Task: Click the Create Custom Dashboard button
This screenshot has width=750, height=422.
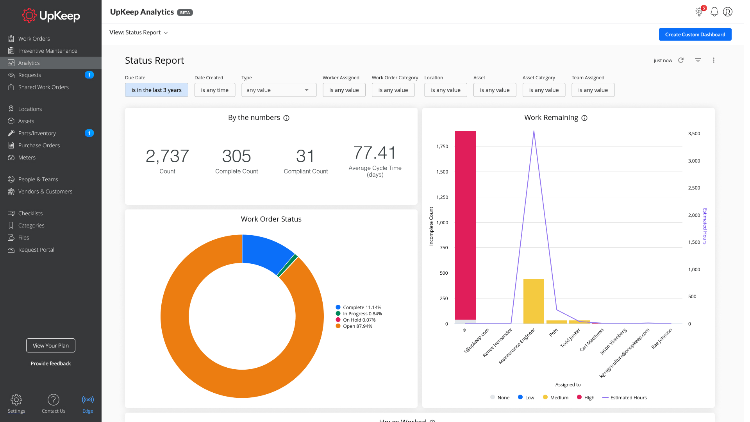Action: coord(695,34)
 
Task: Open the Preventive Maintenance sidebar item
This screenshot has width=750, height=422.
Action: coord(47,51)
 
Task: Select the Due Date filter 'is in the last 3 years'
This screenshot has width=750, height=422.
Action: coord(156,90)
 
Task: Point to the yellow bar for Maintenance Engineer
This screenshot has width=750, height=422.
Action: coord(534,301)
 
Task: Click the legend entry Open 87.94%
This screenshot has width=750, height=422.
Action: coord(357,326)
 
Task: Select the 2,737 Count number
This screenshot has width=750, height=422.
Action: coord(167,156)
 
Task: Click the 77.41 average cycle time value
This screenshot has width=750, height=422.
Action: coord(375,153)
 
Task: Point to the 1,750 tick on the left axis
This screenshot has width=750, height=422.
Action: coord(442,147)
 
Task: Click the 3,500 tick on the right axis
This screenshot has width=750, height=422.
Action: coord(694,134)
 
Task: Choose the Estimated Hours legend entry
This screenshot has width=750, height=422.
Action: coord(628,398)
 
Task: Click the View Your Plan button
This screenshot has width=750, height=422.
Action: coord(51,345)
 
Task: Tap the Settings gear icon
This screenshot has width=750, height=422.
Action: coord(16,400)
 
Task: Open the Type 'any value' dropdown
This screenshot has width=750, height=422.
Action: coord(279,90)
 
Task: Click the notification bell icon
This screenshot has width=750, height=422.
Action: coord(714,12)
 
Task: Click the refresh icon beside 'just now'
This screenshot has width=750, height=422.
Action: coord(681,60)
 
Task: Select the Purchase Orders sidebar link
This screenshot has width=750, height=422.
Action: coord(39,145)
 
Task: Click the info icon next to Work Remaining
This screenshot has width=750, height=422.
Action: coord(584,118)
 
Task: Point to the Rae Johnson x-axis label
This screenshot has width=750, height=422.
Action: coord(662,338)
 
